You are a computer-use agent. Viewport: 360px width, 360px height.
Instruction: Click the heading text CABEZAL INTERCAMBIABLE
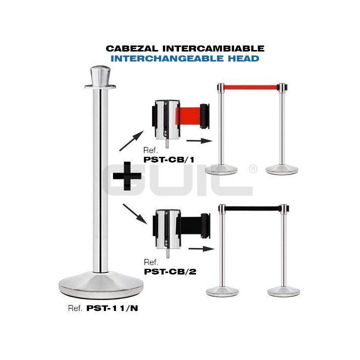(185, 48)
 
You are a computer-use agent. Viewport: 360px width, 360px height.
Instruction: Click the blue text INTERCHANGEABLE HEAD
(185, 58)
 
